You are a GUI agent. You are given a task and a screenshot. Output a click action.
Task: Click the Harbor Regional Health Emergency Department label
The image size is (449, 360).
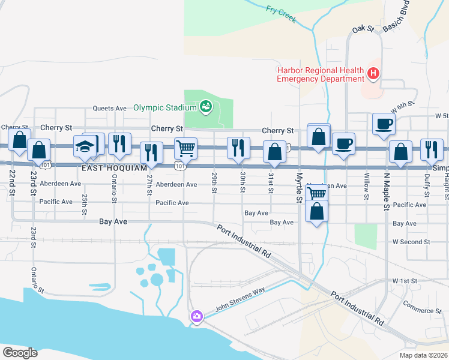[x=321, y=74]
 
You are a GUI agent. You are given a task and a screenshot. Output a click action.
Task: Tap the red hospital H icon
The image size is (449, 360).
[x=373, y=74]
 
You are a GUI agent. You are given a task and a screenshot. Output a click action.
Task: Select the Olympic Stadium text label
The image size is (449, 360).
[x=164, y=107]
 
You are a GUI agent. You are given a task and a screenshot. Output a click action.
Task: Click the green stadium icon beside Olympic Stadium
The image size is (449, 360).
[x=206, y=107]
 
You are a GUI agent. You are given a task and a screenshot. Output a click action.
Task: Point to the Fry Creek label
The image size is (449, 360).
[x=281, y=13]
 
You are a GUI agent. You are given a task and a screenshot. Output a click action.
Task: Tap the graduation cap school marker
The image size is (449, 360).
[x=85, y=146]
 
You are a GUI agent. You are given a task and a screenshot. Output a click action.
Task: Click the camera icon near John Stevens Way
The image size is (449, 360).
[x=196, y=316]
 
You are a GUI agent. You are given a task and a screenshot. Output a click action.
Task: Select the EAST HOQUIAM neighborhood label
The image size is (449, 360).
[x=115, y=169]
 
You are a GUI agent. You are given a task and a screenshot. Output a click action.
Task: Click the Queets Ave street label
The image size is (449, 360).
[x=109, y=109]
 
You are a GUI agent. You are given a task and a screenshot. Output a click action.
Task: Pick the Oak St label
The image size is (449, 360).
[x=363, y=29]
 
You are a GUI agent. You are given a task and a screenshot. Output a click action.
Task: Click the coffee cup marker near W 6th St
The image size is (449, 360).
[x=384, y=124]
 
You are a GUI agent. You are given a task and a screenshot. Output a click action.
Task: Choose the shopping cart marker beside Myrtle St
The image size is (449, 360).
[x=316, y=193]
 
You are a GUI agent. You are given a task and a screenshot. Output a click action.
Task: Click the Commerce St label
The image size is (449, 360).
[x=422, y=311]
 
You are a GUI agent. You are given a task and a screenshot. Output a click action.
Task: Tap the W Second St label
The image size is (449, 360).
[x=412, y=242]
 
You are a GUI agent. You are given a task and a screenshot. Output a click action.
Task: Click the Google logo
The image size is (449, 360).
[x=20, y=353]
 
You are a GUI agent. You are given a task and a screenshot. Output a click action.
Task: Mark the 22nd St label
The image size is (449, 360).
[x=13, y=181]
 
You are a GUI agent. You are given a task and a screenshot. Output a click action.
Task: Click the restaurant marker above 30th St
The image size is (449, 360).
[x=238, y=148]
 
